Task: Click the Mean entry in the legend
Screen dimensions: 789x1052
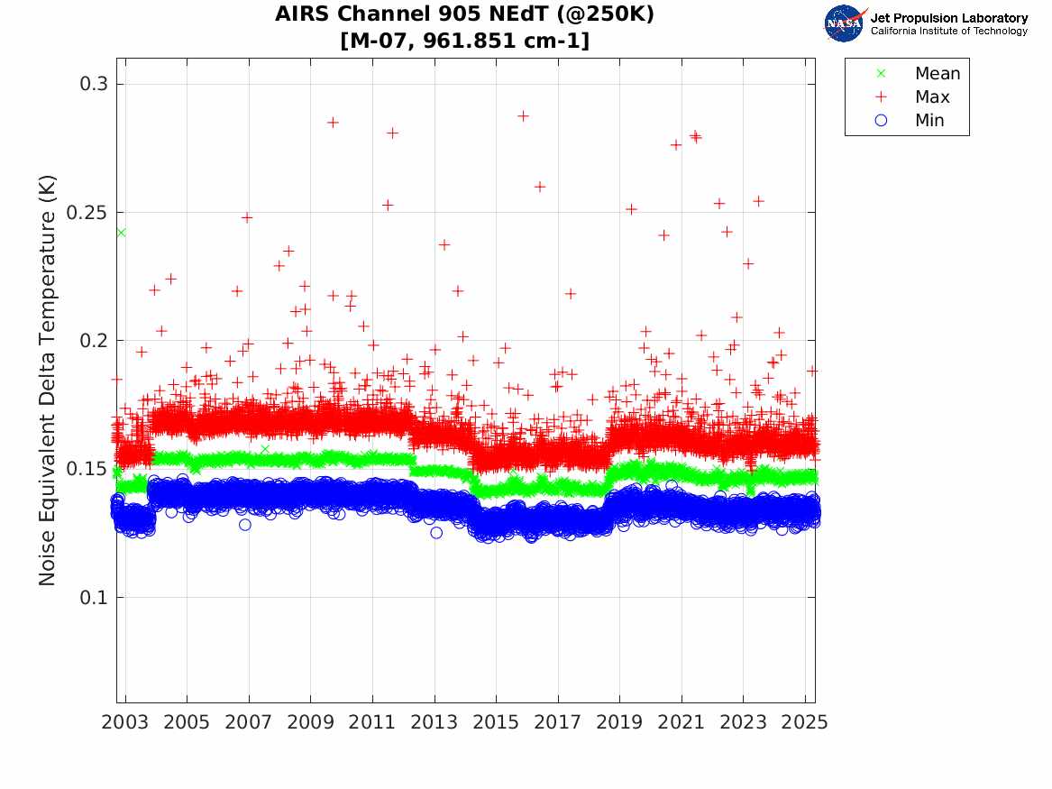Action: click(x=937, y=74)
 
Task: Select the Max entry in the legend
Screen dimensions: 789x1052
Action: click(x=931, y=97)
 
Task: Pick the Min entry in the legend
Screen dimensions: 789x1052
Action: click(x=929, y=121)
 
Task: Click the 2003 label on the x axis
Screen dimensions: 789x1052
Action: click(x=125, y=722)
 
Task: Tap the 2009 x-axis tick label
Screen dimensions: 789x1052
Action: click(x=311, y=722)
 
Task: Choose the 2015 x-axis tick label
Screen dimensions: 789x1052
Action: click(x=496, y=722)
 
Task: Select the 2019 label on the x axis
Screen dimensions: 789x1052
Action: click(x=619, y=722)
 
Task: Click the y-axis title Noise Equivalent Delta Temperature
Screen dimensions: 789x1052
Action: click(x=48, y=380)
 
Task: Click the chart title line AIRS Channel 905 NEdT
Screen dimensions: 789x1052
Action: click(x=464, y=15)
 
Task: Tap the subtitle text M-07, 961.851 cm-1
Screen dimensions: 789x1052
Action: click(x=464, y=41)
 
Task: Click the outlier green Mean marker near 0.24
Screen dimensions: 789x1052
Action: click(x=121, y=233)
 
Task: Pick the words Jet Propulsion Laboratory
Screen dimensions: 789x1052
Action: click(x=948, y=18)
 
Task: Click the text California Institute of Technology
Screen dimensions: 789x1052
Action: click(x=948, y=32)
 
